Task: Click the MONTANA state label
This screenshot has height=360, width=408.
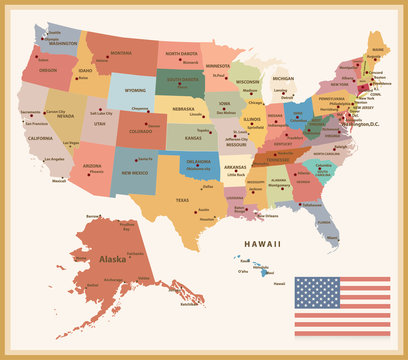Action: pos(121,52)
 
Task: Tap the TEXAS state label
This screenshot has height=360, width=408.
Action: pos(183,200)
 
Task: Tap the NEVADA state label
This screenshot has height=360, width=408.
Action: pos(65,117)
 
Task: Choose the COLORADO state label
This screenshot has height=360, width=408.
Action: pos(140,131)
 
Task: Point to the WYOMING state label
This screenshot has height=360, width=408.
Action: pos(134,90)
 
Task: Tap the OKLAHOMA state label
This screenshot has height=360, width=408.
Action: pos(198,161)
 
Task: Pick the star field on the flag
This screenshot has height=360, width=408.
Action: pos(318,292)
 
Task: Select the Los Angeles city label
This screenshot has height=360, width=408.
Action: pos(54,158)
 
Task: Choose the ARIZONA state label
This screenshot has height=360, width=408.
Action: pos(92,165)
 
